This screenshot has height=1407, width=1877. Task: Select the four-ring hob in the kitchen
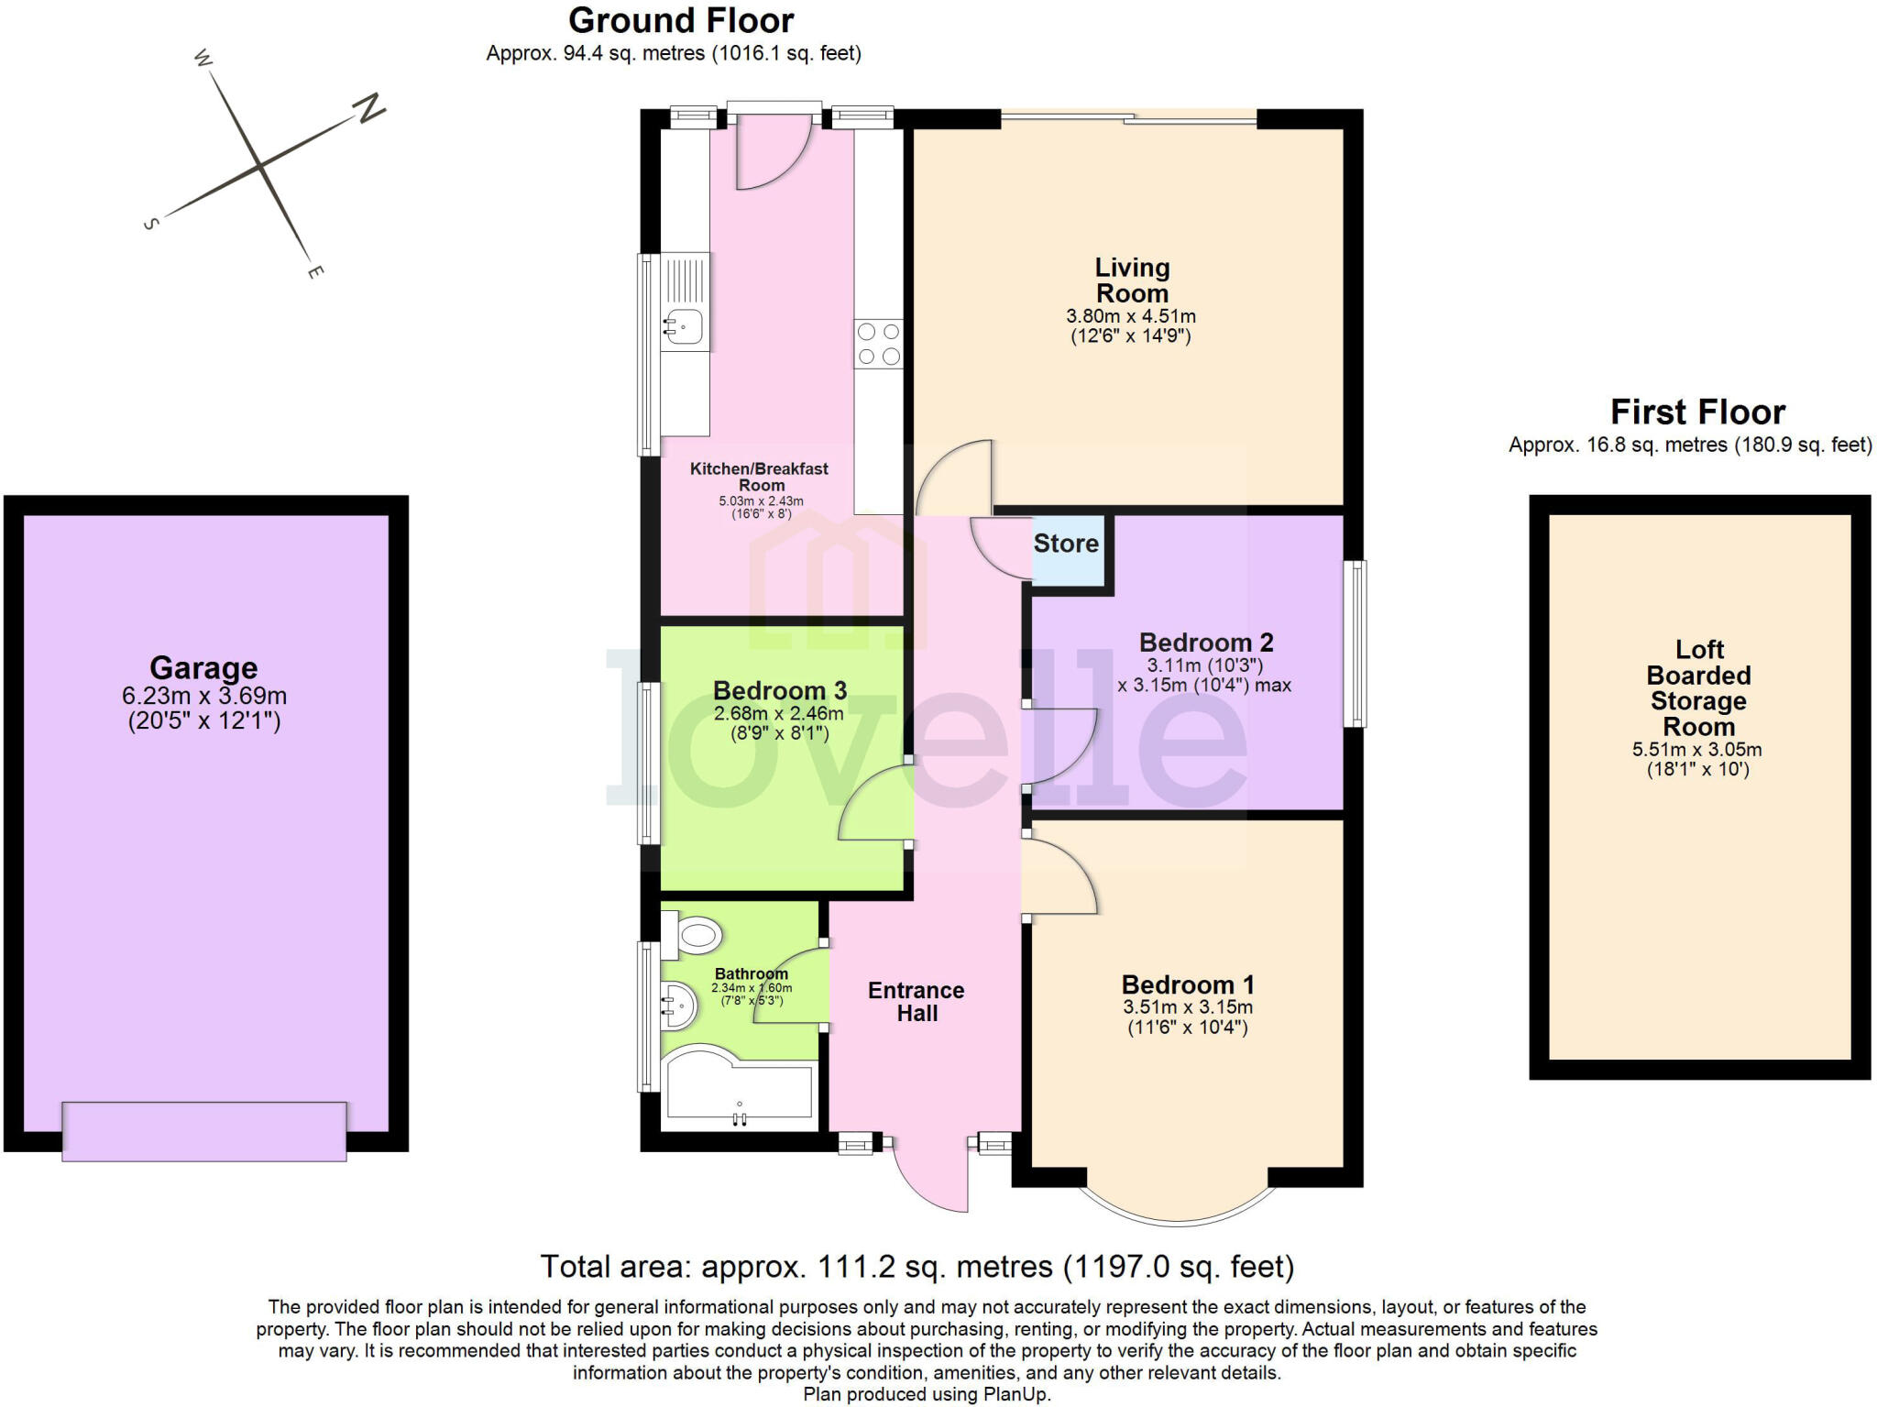click(x=878, y=344)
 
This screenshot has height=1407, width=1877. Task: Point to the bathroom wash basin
click(x=678, y=1005)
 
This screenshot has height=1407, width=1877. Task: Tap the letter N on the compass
click(x=369, y=109)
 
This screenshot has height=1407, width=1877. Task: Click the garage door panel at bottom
click(x=203, y=1131)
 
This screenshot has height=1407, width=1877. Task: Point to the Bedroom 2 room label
click(x=1205, y=643)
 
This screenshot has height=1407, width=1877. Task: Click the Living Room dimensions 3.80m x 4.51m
click(x=1130, y=316)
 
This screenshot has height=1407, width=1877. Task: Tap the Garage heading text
click(x=203, y=667)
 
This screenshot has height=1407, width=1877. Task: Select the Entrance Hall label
click(x=917, y=1001)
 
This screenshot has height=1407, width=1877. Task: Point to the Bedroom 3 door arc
click(x=871, y=802)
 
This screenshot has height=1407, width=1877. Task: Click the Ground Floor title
click(x=681, y=20)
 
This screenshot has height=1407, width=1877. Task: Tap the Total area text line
click(x=917, y=1267)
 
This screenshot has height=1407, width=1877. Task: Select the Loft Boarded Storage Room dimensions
click(x=1696, y=758)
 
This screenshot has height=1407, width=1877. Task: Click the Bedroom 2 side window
click(x=1355, y=643)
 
